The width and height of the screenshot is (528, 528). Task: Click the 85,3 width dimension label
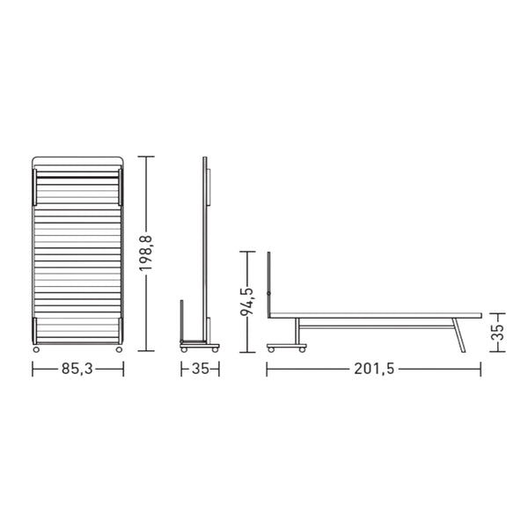[x=77, y=369]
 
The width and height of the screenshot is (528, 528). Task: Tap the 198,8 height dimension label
[x=146, y=253]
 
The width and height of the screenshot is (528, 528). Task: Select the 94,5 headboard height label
[x=247, y=301]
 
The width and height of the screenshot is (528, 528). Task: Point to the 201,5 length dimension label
[x=374, y=369]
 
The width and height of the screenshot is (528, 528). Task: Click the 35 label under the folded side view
[x=200, y=369]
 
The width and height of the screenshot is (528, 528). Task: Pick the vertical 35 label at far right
[x=498, y=333]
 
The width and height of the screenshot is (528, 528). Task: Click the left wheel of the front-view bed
[x=36, y=349]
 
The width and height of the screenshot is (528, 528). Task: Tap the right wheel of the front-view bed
[x=119, y=349]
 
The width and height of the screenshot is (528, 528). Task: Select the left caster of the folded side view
[x=184, y=350]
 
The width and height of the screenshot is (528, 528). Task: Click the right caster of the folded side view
[x=215, y=350]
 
